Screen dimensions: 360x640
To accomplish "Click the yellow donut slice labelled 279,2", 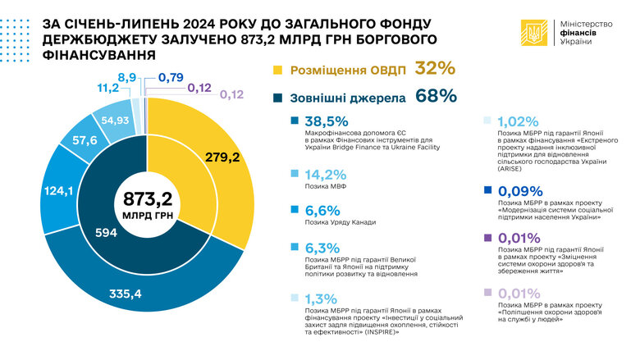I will (x=222, y=157).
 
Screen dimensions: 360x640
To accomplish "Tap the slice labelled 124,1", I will (x=57, y=194).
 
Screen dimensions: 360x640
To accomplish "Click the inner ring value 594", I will (x=107, y=233).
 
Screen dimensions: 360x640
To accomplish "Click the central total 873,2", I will (x=144, y=199).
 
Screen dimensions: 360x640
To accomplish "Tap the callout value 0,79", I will (x=171, y=78).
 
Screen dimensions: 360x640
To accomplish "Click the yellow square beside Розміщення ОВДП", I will (x=277, y=71).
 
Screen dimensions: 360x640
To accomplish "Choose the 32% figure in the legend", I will (x=435, y=69).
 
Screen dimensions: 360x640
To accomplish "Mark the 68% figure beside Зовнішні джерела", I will (x=437, y=97).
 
